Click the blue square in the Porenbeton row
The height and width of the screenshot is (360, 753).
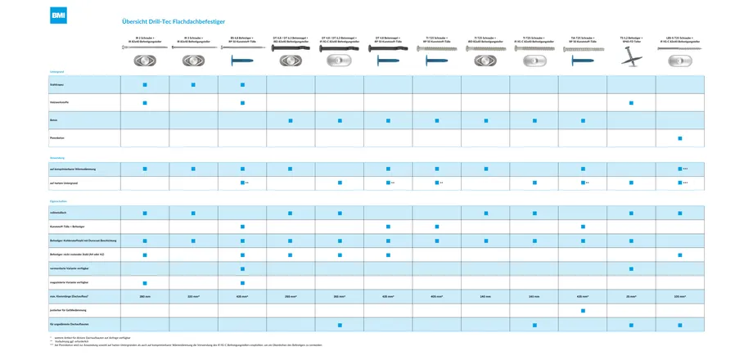(679, 138)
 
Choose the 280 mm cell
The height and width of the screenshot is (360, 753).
(145, 296)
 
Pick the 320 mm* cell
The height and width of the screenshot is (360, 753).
(193, 296)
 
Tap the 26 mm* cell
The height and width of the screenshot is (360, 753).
(631, 296)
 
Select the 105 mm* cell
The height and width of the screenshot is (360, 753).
(679, 296)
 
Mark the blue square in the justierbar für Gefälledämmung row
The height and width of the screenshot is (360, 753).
(582, 311)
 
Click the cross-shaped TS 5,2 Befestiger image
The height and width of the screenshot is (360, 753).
(630, 60)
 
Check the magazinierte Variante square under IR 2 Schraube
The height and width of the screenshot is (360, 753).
(145, 282)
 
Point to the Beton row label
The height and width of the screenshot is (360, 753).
(53, 120)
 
